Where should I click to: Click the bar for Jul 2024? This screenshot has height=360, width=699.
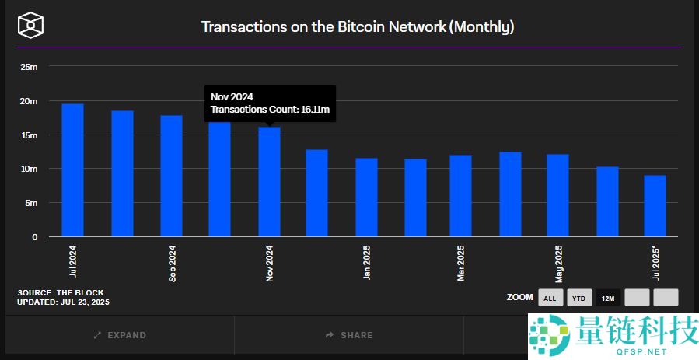click(x=72, y=170)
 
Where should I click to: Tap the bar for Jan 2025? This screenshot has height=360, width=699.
click(x=366, y=197)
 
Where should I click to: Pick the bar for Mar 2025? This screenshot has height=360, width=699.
click(x=460, y=196)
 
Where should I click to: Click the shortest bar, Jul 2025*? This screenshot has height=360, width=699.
click(x=655, y=206)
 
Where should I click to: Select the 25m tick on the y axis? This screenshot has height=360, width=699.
click(x=29, y=67)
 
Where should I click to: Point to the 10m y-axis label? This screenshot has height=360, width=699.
click(x=29, y=169)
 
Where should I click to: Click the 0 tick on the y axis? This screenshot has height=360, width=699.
click(x=34, y=237)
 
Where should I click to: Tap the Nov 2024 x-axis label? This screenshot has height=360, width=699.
click(x=270, y=264)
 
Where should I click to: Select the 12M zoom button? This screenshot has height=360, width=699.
click(x=607, y=298)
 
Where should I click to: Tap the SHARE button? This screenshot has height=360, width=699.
click(x=349, y=335)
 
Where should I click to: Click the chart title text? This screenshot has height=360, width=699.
click(x=358, y=26)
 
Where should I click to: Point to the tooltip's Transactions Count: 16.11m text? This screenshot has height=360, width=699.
click(x=271, y=110)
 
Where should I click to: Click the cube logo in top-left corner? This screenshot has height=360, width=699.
click(x=30, y=25)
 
